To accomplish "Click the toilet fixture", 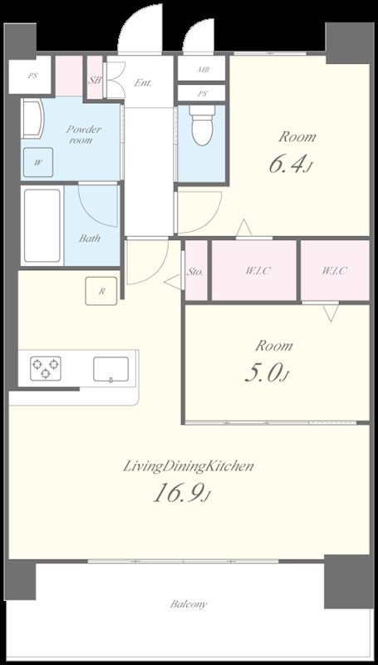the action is tap(202, 125).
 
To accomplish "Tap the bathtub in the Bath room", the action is tap(42, 225).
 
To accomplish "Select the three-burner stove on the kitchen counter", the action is tap(46, 367).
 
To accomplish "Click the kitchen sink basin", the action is tap(111, 369).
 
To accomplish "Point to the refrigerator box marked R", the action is tap(101, 291).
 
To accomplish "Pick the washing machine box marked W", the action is tap(38, 162).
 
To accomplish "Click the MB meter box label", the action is tap(203, 70).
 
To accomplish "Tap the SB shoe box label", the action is tap(95, 80).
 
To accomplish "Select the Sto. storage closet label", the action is tap(195, 272).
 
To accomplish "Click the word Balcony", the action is tap(189, 604).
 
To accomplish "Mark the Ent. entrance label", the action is tap(143, 82).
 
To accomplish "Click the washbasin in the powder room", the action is tap(33, 118).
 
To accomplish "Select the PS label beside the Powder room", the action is tap(32, 76).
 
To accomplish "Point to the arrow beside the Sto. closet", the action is tap(173, 283).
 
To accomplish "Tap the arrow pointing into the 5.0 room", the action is tap(331, 313).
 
